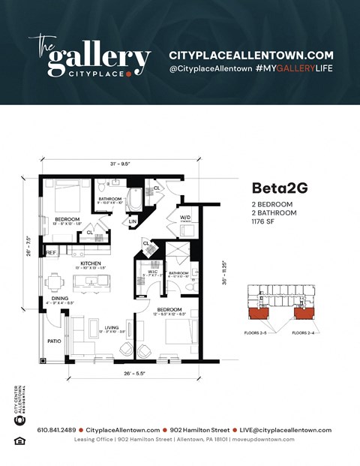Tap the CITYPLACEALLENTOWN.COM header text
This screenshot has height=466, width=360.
[250, 56]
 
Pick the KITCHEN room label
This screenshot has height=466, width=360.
[91, 264]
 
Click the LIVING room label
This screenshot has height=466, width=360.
[111, 328]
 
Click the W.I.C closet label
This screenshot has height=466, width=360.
[150, 272]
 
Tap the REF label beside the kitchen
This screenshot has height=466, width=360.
[51, 253]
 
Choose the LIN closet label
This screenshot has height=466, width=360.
[133, 221]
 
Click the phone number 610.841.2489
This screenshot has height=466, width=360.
[57, 430]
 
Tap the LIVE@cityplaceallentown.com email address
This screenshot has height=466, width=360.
[282, 430]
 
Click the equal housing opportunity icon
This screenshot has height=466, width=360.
[19, 440]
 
